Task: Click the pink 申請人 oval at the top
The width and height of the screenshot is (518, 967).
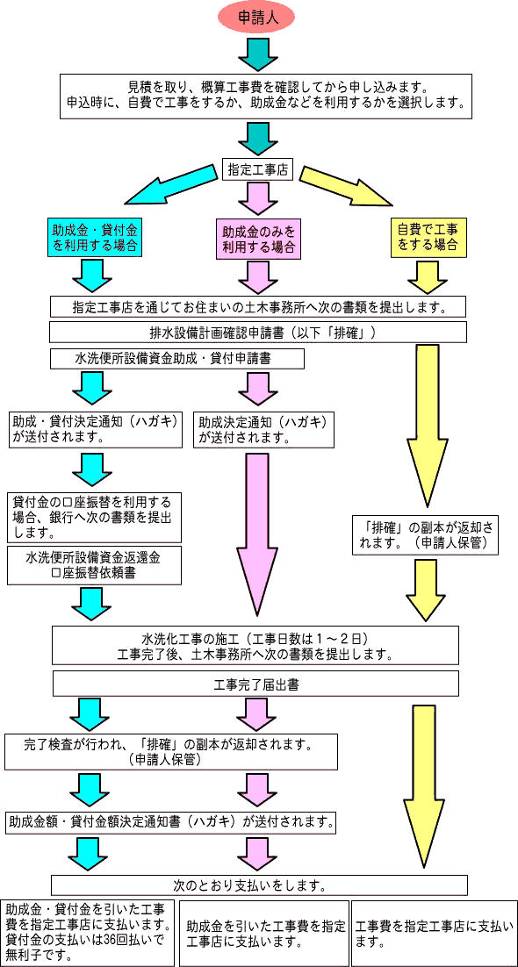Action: [257, 17]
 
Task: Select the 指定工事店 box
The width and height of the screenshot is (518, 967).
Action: [257, 169]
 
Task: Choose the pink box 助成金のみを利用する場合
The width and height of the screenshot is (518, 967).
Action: [257, 240]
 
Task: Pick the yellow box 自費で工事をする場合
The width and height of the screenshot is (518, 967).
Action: [428, 236]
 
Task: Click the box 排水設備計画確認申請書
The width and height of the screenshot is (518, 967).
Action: [257, 333]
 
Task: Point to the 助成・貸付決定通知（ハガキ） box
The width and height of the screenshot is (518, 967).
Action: [96, 428]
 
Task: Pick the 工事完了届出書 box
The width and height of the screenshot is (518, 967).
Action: [255, 684]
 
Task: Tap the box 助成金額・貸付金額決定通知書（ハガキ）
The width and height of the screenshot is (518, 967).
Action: [172, 822]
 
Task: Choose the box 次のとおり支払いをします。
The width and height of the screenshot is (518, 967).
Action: [259, 884]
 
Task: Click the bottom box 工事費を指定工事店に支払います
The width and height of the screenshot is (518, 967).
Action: [434, 932]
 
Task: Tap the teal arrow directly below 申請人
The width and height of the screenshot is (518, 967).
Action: [257, 54]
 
